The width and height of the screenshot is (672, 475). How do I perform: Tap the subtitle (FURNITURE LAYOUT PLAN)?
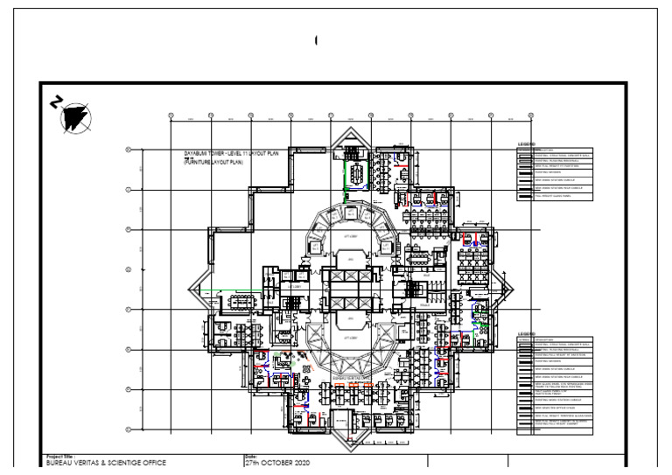[212, 163]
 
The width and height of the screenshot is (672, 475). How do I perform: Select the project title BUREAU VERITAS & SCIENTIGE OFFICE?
[105, 464]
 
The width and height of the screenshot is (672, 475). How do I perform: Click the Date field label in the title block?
[251, 457]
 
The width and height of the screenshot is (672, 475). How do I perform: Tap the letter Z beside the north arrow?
[56, 102]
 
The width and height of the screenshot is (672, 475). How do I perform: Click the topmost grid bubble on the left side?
[129, 150]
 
